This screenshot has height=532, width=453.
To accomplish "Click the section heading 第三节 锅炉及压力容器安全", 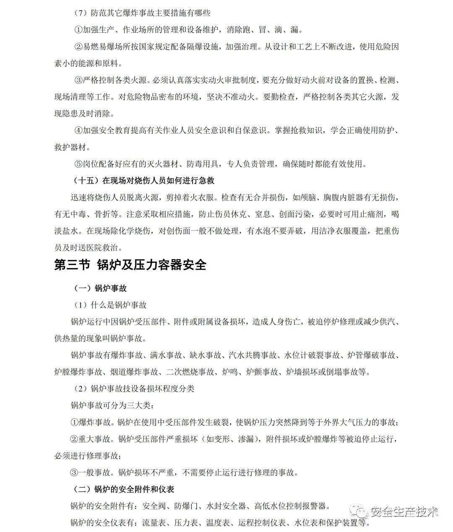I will tap(130, 265).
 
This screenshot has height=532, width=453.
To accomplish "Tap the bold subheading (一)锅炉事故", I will tap(100, 288).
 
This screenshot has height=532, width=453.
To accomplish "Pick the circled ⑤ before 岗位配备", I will tap(78, 164).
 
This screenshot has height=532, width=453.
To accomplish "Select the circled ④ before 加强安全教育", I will tap(78, 131).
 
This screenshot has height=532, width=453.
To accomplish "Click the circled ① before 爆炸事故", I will tap(75, 422).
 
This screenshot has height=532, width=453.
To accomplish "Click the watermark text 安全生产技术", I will tap(404, 512).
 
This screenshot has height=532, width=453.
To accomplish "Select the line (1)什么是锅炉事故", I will tap(110, 305).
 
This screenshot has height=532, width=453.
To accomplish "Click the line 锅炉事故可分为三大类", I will tap(112, 406).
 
